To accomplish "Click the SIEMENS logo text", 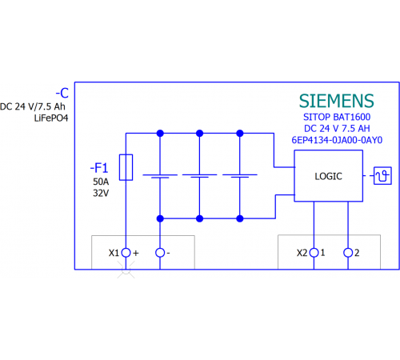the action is [x=337, y=101].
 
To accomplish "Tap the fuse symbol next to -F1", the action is [x=126, y=167].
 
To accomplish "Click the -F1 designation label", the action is [x=99, y=168].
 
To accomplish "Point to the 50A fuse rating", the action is [x=101, y=182].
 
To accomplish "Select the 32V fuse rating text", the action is [x=101, y=193].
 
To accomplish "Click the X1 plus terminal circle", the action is [x=126, y=253].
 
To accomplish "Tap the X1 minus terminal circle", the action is [x=160, y=253].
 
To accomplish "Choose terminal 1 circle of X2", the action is [x=314, y=253].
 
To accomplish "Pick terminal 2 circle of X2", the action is [x=348, y=253].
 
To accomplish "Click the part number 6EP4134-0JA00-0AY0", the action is [x=337, y=140].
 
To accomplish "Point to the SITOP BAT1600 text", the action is [x=337, y=117].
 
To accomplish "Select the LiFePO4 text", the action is [x=51, y=118].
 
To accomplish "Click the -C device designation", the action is [x=62, y=93].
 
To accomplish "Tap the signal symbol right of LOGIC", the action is [x=382, y=176].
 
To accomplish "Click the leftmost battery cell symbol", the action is [x=160, y=176].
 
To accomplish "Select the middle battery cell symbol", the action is [x=199, y=176].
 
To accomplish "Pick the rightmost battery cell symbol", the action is [x=240, y=176].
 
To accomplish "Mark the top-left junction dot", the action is [x=160, y=134].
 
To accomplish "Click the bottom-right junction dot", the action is [x=240, y=218].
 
